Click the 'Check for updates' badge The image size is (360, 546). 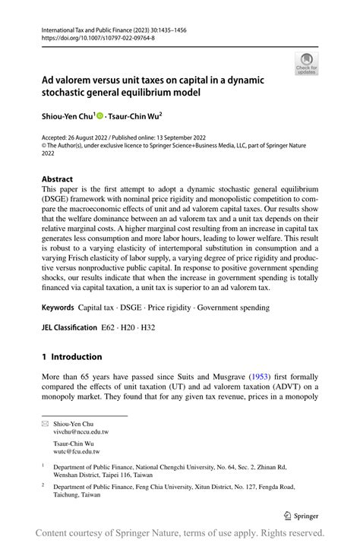pos(306,63)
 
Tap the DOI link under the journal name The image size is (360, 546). pos(88,36)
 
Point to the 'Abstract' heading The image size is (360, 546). pos(57,179)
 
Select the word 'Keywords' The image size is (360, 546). pos(58,308)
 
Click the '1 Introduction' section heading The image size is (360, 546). pos(71,357)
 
